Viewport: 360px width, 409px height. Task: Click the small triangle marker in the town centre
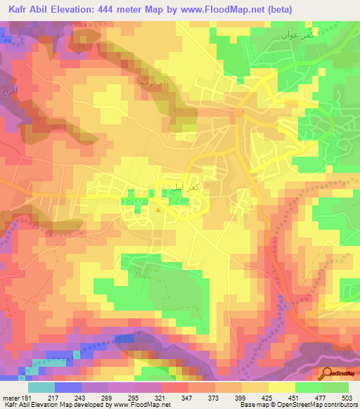(159, 207)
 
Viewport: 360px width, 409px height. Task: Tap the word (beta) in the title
(277, 9)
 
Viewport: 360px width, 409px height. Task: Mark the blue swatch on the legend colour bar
(68, 387)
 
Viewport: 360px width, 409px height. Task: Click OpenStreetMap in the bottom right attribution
(289, 405)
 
